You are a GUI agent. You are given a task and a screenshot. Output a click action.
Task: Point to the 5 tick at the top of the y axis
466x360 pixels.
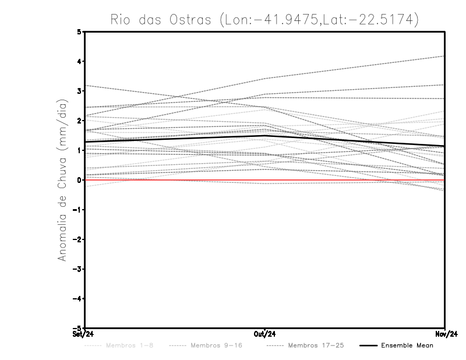80,32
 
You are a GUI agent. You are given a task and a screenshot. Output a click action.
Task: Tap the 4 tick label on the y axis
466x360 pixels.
80,62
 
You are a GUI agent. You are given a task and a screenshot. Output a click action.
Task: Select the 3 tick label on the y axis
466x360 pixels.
80,91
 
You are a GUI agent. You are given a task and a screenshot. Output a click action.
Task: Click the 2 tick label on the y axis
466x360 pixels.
80,121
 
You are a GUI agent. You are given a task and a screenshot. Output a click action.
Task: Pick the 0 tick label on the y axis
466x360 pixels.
80,180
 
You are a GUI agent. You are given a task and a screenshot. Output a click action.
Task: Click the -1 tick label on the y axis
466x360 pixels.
78,210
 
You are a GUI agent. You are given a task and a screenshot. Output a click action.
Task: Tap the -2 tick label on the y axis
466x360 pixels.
78,239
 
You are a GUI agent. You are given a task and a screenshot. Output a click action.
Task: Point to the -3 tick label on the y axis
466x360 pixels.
78,269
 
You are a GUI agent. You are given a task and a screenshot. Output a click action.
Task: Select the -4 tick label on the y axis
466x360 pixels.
78,299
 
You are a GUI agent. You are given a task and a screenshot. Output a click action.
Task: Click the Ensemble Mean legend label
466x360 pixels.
407,346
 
